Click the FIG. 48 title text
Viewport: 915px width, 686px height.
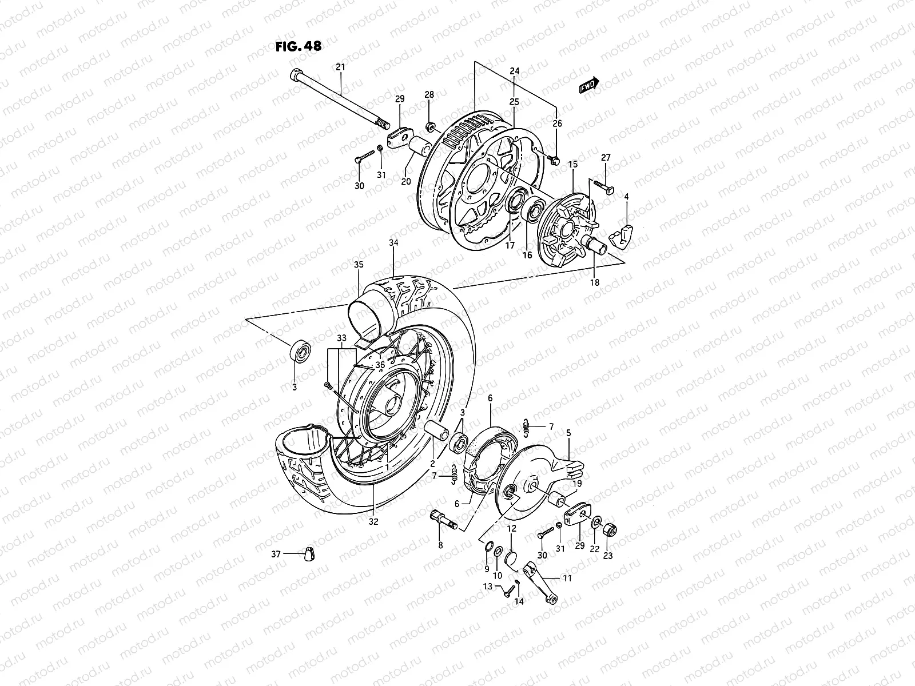point(298,47)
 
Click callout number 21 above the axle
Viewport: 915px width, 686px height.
point(341,68)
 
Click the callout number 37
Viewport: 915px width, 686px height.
point(276,553)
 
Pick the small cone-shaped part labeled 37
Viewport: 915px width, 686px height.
point(313,554)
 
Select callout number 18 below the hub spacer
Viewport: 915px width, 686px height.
point(595,282)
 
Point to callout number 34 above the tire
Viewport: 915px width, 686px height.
point(393,243)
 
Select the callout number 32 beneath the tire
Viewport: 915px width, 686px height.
point(373,521)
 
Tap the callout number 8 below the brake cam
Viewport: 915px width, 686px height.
point(440,545)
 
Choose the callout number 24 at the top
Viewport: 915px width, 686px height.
point(514,71)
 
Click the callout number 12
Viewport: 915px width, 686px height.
point(511,529)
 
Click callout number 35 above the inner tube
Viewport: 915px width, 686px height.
point(359,265)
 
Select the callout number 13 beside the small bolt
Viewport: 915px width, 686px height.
point(487,587)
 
